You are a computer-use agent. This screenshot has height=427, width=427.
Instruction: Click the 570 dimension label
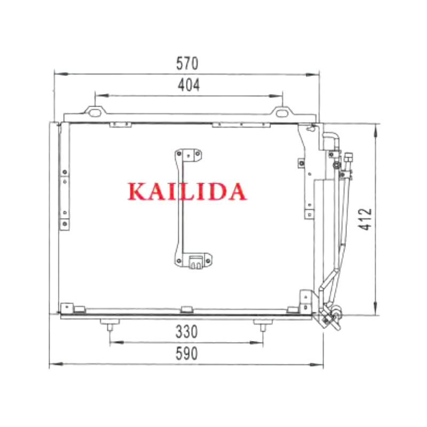pyautogui.click(x=187, y=64)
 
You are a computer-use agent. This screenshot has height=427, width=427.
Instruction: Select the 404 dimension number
pyautogui.click(x=189, y=85)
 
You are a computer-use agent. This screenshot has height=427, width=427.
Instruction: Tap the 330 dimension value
pyautogui.click(x=186, y=331)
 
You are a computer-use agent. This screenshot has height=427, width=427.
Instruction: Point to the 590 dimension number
pyautogui.click(x=186, y=353)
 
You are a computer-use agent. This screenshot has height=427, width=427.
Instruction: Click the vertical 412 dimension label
pyautogui.click(x=365, y=219)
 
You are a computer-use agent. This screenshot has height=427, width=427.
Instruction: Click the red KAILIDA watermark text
pyautogui.click(x=187, y=192)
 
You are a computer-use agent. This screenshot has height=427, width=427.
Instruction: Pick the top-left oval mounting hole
pyautogui.click(x=94, y=113)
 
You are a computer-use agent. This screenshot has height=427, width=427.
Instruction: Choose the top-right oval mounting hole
pyautogui.click(x=282, y=113)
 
